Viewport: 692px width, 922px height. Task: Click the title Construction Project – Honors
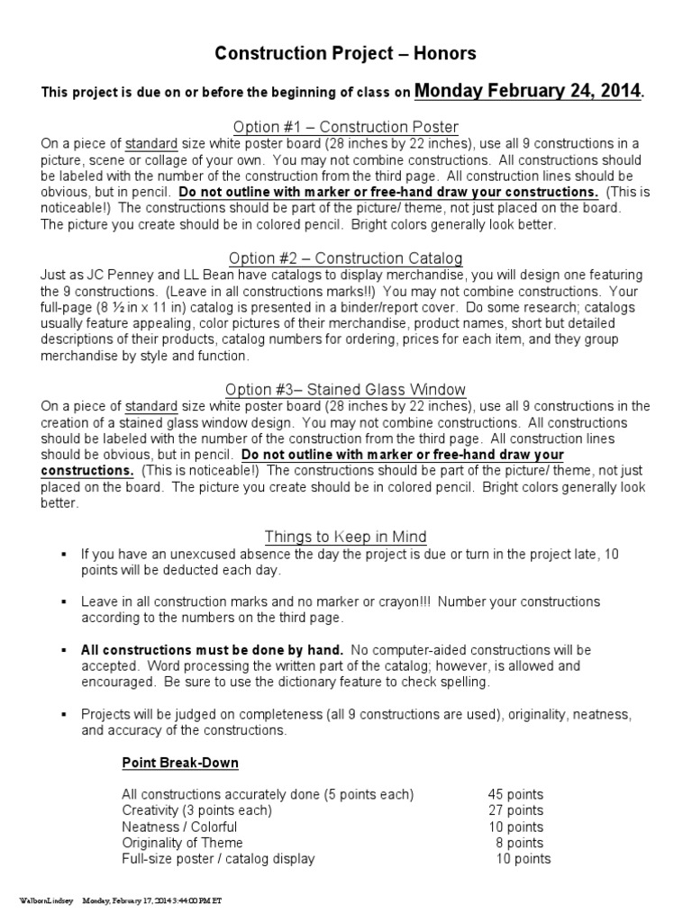pos(345,54)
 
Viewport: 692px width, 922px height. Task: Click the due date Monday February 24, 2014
pos(529,90)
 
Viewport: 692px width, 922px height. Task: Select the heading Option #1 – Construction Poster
pos(346,127)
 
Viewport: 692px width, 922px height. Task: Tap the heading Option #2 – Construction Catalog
pos(346,259)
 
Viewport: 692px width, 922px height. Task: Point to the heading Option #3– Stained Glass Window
pos(346,390)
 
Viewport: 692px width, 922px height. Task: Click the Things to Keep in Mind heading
pos(345,538)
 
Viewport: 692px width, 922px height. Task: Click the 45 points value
pos(515,794)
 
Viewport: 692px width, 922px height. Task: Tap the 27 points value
pos(515,810)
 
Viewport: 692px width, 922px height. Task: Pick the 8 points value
pos(519,843)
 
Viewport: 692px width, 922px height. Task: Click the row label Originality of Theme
pos(182,843)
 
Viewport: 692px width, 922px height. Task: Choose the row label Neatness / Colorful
pos(179,827)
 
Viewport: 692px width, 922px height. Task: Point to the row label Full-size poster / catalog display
pos(218,859)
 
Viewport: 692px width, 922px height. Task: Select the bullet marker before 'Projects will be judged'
pos(64,714)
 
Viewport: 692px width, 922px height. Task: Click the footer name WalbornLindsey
pos(46,899)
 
